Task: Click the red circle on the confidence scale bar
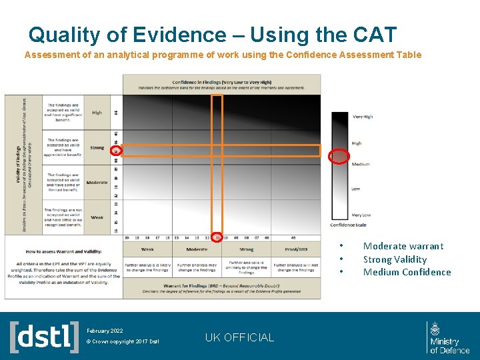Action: click(x=339, y=156)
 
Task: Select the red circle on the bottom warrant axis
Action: click(x=217, y=237)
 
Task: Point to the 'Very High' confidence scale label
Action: click(x=362, y=117)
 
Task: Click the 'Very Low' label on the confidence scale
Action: click(x=361, y=215)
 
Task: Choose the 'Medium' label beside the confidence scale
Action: click(x=360, y=164)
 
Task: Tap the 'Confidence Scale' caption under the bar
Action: click(x=348, y=225)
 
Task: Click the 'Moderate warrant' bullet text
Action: click(x=403, y=246)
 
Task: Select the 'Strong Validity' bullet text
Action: click(x=395, y=259)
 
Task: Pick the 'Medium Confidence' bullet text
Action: click(x=407, y=272)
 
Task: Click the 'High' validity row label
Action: click(x=97, y=113)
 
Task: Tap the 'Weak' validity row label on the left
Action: click(x=97, y=217)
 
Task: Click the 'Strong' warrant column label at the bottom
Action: click(x=246, y=249)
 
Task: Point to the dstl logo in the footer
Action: click(x=44, y=337)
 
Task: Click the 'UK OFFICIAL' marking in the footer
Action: click(x=239, y=337)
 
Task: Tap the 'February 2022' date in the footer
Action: click(x=105, y=331)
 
